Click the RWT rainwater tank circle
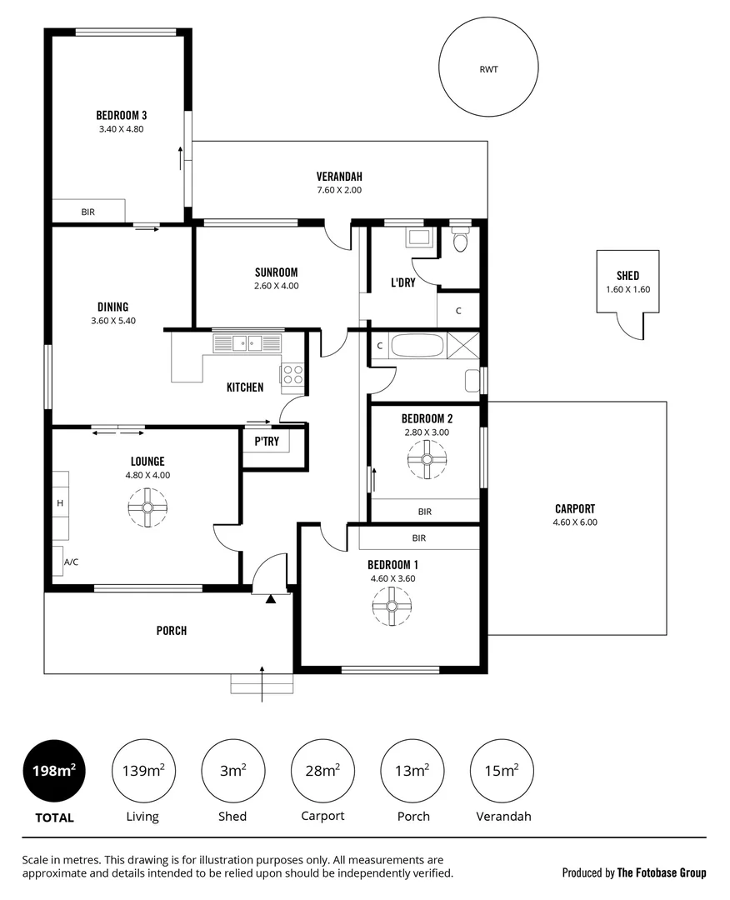pyautogui.click(x=488, y=70)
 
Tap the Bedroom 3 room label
pyautogui.click(x=122, y=115)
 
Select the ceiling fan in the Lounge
pyautogui.click(x=147, y=507)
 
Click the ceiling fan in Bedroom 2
pyautogui.click(x=427, y=459)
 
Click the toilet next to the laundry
pyautogui.click(x=459, y=242)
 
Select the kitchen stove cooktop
pyautogui.click(x=292, y=374)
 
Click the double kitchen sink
pyautogui.click(x=247, y=342)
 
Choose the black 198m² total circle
pyautogui.click(x=54, y=771)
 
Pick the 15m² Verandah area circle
pyautogui.click(x=502, y=771)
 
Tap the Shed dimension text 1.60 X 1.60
pyautogui.click(x=627, y=290)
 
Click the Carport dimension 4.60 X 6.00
pyautogui.click(x=575, y=522)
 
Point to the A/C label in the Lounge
pyautogui.click(x=71, y=562)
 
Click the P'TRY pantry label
pyautogui.click(x=266, y=442)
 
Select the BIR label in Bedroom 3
pyautogui.click(x=88, y=212)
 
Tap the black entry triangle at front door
pyautogui.click(x=270, y=597)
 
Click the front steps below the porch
pyautogui.click(x=262, y=684)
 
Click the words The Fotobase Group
pyautogui.click(x=661, y=872)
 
